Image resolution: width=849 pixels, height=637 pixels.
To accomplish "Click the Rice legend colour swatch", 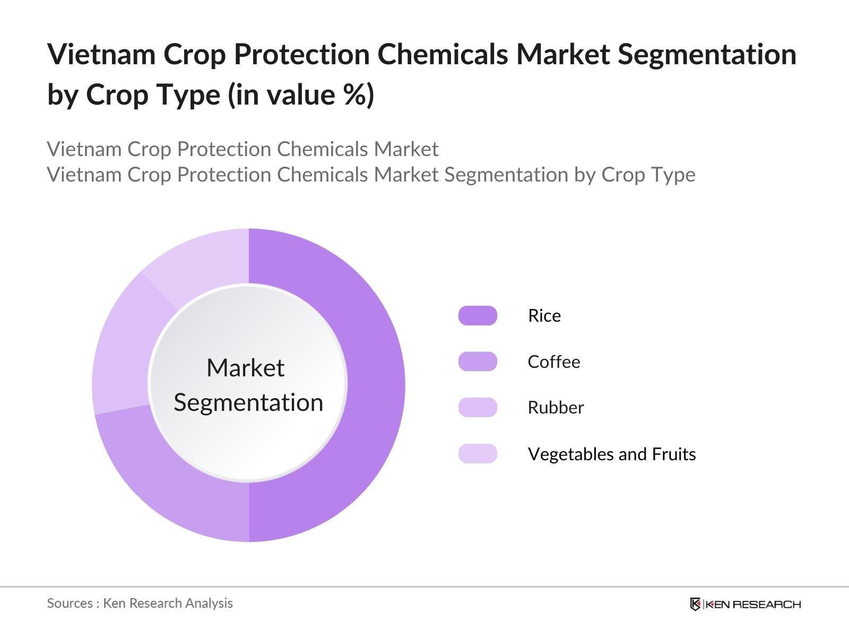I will pos(478,315).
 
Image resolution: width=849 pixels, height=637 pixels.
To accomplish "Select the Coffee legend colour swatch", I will pos(478,361).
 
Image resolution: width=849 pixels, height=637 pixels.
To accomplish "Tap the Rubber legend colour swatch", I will pos(478,407).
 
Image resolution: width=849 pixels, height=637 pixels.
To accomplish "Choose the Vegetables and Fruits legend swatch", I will pos(478,454).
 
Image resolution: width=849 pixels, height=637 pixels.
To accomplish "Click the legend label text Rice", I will pos(544,315).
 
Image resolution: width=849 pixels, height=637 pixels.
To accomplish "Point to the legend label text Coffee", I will pos(553,361).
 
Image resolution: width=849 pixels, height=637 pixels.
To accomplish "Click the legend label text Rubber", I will pos(555,407).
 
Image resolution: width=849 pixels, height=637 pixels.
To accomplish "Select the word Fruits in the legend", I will pos(673,454).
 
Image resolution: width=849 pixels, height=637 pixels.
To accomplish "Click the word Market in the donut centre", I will pos(245,367).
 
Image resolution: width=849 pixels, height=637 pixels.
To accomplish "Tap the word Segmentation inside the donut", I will pos(248,402).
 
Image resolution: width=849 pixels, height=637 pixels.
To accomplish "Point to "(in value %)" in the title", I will pos(301,94).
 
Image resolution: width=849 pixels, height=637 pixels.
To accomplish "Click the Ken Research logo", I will pos(745,604).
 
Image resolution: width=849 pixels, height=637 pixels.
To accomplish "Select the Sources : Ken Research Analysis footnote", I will pos(140,603).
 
